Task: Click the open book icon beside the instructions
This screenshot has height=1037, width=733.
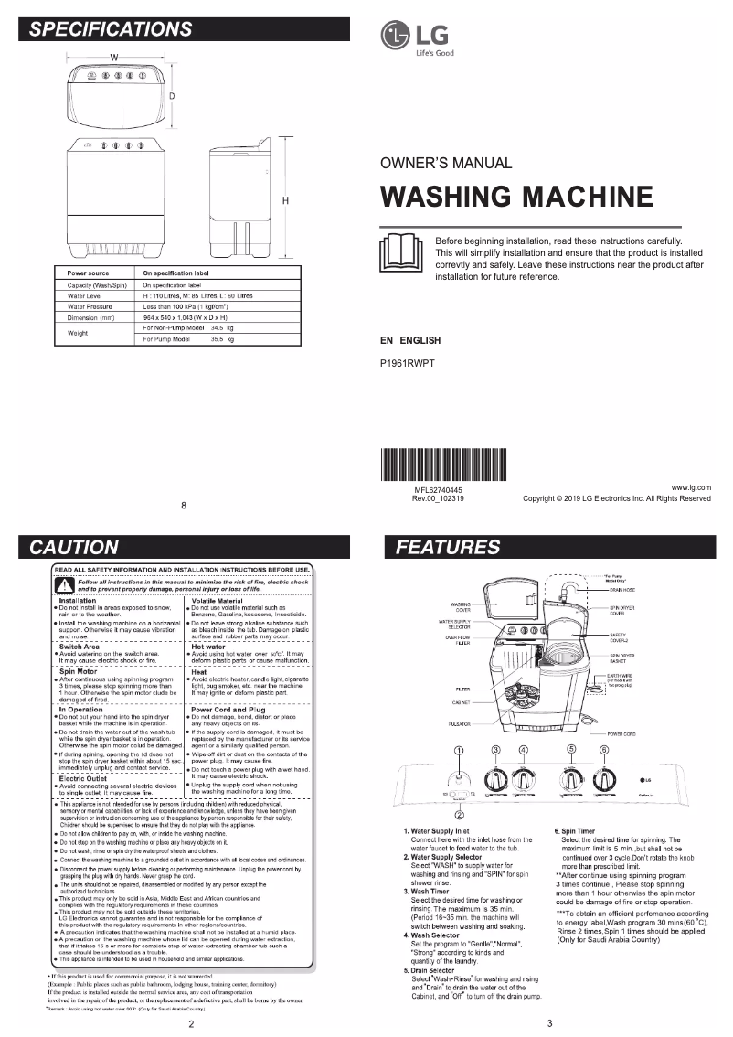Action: click(x=400, y=251)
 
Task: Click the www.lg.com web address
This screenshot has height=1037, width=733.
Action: click(x=691, y=488)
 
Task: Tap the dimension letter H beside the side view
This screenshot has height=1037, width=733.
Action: click(x=285, y=200)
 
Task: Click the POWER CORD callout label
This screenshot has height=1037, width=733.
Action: click(x=621, y=734)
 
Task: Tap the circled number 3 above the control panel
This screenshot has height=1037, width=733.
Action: click(x=496, y=750)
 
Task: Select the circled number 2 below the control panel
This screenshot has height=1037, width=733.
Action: click(x=459, y=814)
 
